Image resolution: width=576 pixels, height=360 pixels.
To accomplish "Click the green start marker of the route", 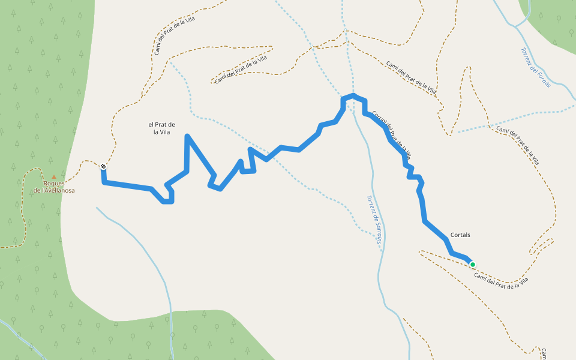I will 473,265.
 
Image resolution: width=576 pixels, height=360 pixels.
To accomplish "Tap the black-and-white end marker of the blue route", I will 104,167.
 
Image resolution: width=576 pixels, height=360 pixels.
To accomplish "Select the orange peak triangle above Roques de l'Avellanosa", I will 54,177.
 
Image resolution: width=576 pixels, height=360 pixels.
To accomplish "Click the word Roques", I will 54,184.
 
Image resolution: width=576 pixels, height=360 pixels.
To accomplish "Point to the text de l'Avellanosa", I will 54,191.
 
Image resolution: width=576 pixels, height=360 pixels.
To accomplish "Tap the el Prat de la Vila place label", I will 161,128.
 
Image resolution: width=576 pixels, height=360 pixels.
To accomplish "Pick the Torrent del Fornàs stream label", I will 536,68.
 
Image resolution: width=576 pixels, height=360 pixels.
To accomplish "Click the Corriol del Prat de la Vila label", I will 391,134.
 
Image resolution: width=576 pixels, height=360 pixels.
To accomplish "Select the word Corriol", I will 378,118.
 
